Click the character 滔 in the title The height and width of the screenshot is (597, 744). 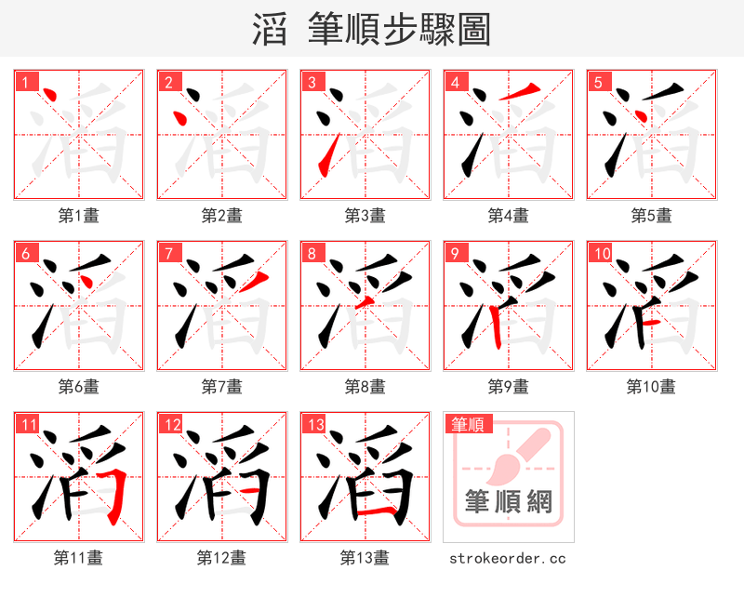270,30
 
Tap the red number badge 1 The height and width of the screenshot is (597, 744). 25,82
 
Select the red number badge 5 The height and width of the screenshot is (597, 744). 598,82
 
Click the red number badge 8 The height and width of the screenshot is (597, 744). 312,253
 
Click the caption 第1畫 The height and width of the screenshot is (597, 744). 79,216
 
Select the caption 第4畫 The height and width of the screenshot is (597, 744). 509,216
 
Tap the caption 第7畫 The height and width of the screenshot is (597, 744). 222,387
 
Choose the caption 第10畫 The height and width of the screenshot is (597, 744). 652,387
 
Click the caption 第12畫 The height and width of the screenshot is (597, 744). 222,558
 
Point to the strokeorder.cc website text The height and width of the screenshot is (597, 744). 508,558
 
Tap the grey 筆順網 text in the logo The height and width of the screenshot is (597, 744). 509,503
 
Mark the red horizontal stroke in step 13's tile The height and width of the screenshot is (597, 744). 371,511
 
